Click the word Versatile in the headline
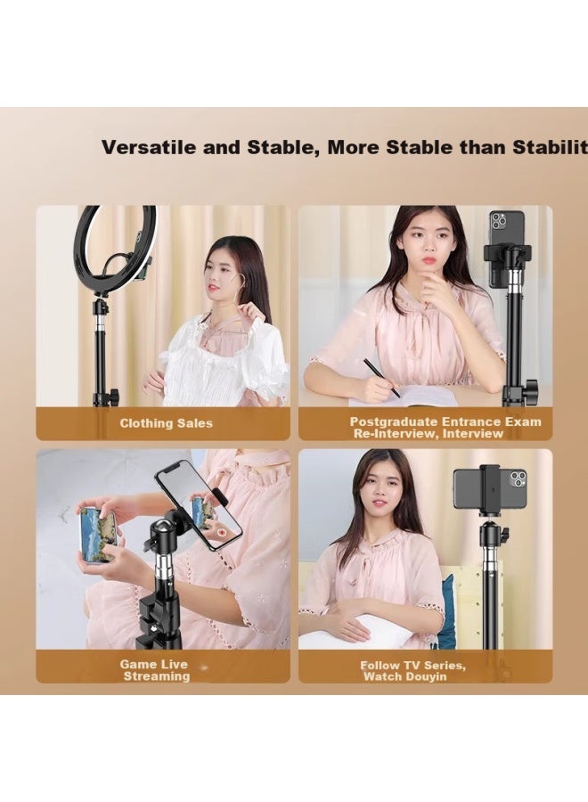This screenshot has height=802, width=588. [x=148, y=147]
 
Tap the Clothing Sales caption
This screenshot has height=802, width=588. [x=167, y=423]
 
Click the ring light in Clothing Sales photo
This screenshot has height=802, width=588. [x=115, y=249]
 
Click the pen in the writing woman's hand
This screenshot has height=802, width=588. [x=381, y=378]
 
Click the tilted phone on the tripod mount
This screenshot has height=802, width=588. [x=198, y=503]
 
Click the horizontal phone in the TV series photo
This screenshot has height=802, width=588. [x=488, y=488]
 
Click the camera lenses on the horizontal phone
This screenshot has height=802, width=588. [x=517, y=479]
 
